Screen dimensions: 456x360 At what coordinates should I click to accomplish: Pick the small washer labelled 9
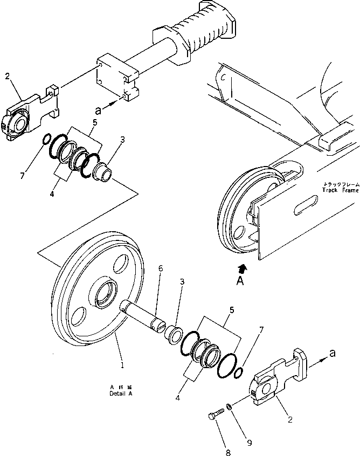[230, 406]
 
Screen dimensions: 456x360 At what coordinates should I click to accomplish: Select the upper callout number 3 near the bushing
[123, 140]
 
